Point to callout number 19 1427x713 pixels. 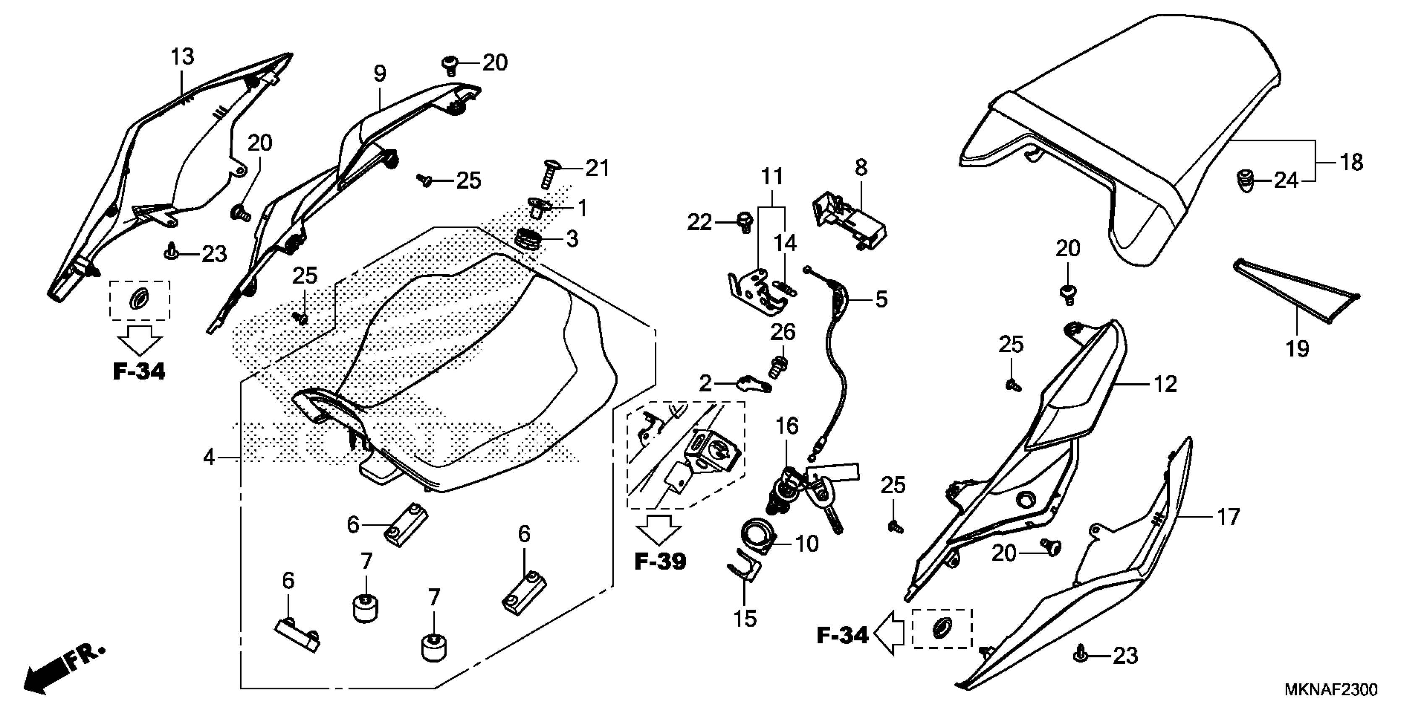(1297, 349)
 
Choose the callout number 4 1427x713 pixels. (209, 458)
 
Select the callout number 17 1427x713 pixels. (1228, 517)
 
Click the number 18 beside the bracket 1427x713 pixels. (1351, 162)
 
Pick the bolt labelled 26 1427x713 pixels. (778, 365)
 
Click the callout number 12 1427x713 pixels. (1165, 384)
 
